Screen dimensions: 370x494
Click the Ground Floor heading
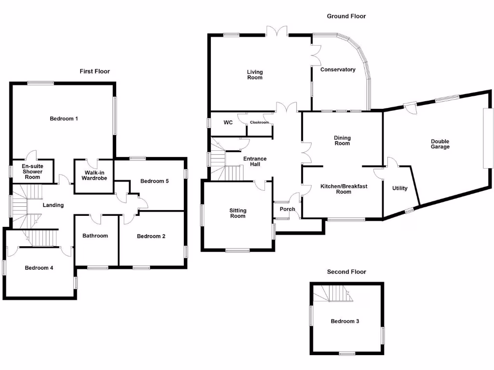coord(346,16)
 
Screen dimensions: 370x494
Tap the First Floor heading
coord(95,71)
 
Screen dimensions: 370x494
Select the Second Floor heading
coord(346,272)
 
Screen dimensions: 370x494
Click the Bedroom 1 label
coord(64,119)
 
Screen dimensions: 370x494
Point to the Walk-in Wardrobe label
coord(94,175)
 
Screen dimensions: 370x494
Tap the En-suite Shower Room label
coord(32,172)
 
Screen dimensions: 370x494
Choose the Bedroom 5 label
coord(154,181)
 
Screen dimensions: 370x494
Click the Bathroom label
coord(95,236)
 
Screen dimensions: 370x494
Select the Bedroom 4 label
coord(39,268)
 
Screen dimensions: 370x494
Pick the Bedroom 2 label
coord(151,236)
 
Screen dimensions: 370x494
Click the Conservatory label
coord(338,70)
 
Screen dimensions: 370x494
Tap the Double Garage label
coord(440,144)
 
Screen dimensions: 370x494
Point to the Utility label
coord(400,188)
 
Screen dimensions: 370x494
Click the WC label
coord(228,122)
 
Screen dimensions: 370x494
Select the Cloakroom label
coord(259,122)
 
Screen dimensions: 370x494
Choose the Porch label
coord(288,209)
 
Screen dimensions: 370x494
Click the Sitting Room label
coord(238,213)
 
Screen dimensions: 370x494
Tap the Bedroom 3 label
coord(344,321)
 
